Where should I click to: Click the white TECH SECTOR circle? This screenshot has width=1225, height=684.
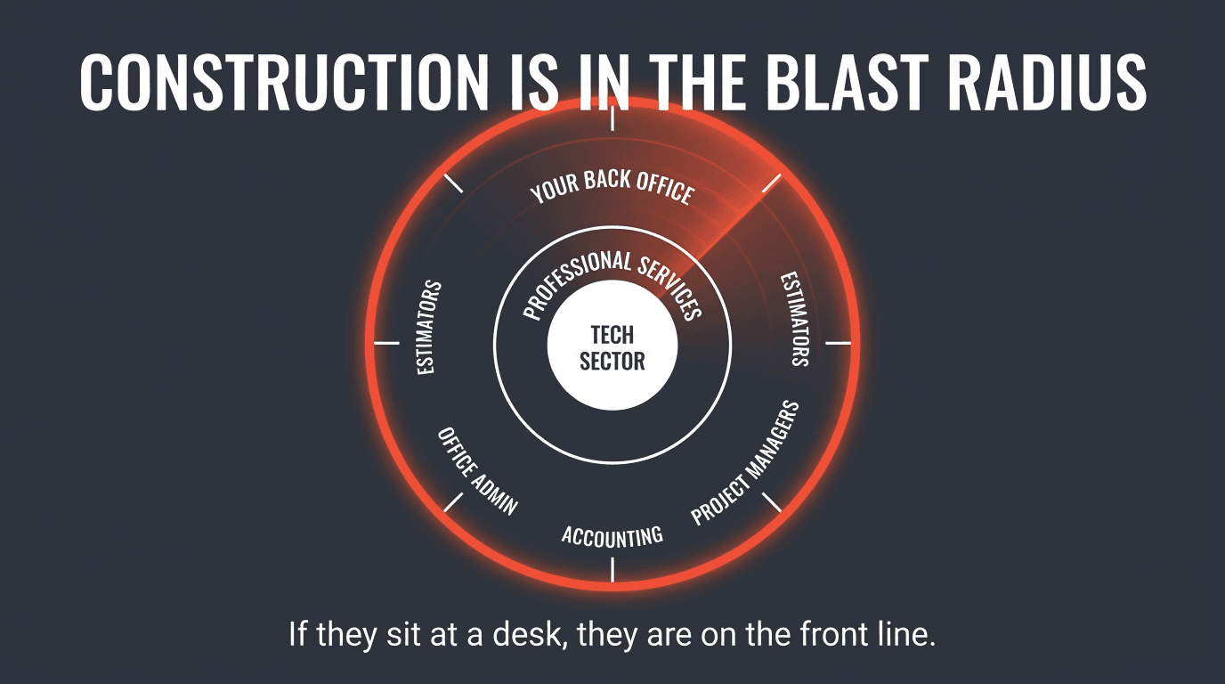612,346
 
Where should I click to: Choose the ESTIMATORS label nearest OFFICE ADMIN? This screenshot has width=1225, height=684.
430,327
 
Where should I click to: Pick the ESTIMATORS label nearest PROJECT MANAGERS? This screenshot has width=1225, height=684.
795,319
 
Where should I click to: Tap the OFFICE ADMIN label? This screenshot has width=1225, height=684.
476,470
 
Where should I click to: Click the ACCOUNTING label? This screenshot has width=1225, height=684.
612,535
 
